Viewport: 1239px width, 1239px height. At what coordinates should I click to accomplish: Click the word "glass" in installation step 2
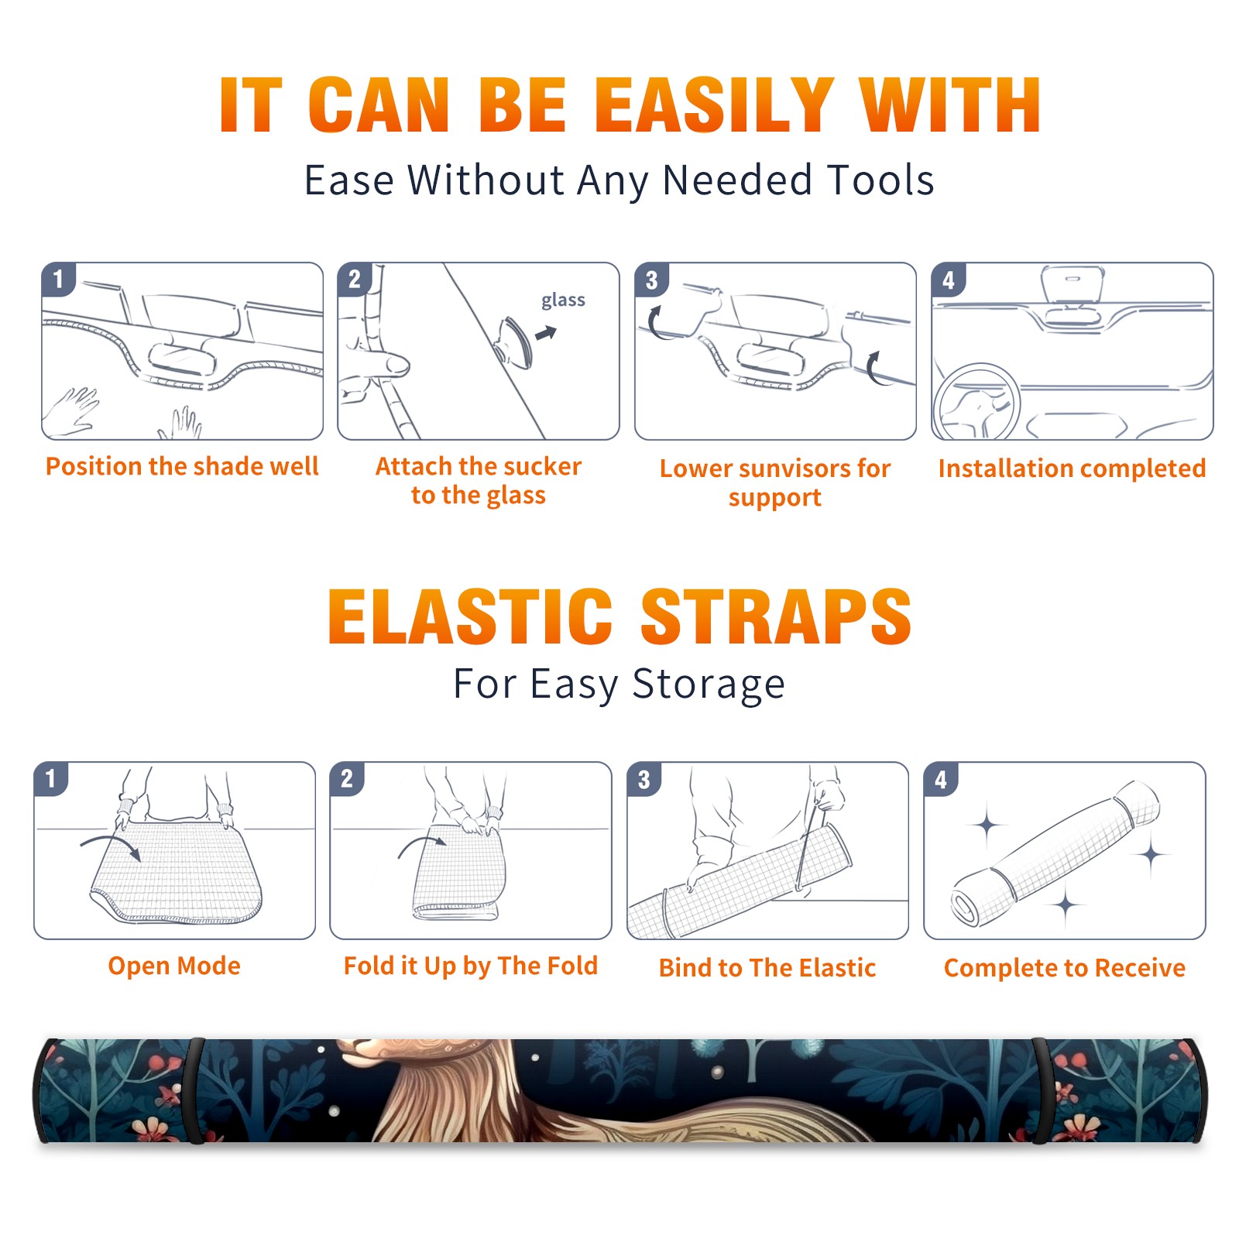click(563, 300)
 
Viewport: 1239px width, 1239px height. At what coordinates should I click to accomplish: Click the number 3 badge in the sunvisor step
click(651, 280)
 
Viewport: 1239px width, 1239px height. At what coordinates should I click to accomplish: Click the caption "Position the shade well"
click(182, 466)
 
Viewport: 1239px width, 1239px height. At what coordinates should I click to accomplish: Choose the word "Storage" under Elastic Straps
click(709, 685)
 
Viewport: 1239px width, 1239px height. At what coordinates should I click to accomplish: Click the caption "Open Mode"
click(174, 966)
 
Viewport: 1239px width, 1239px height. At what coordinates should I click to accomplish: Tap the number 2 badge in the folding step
click(347, 778)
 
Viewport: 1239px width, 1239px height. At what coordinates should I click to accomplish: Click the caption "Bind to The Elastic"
click(767, 968)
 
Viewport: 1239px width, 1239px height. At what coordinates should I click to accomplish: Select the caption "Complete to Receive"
click(1065, 968)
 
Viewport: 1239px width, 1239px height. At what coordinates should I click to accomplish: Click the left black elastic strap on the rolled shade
click(196, 1090)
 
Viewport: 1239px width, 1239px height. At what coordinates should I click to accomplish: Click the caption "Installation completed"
click(1073, 468)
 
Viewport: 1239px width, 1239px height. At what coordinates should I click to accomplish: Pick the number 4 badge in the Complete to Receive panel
click(941, 779)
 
